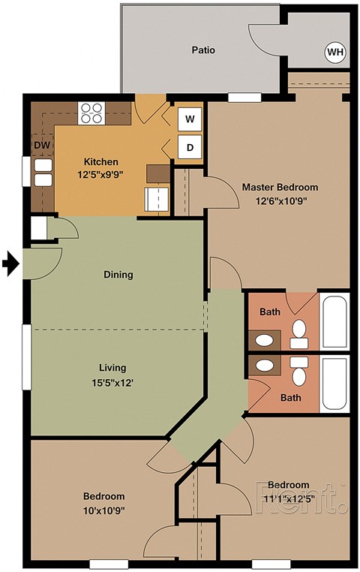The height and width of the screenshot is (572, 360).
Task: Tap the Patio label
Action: pyautogui.click(x=203, y=50)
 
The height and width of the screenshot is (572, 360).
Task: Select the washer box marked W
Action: pyautogui.click(x=190, y=119)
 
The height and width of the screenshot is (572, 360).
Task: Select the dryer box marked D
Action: pyautogui.click(x=190, y=148)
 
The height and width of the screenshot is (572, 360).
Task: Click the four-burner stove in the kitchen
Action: pyautogui.click(x=91, y=113)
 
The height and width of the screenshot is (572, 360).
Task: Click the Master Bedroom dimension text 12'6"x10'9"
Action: pyautogui.click(x=280, y=200)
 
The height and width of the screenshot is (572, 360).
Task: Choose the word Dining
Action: pyautogui.click(x=118, y=275)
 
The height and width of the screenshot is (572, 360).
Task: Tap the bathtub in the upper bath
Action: pyautogui.click(x=334, y=322)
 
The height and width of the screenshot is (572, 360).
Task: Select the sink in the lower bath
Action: pyautogui.click(x=264, y=366)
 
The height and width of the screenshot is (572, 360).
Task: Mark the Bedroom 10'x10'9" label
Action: pyautogui.click(x=103, y=502)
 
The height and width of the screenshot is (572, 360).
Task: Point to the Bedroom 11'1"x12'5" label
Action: pyautogui.click(x=289, y=491)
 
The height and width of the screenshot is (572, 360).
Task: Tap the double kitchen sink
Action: pyautogui.click(x=43, y=173)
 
